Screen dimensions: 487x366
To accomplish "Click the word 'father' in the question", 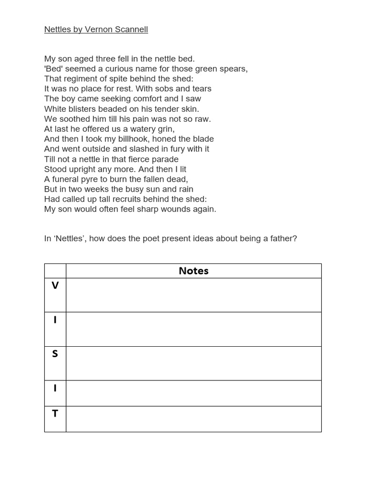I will click(282, 238).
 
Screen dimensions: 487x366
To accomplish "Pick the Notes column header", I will click(193, 271).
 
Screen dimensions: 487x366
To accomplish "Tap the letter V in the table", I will click(55, 285).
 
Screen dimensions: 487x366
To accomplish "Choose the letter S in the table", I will click(55, 354).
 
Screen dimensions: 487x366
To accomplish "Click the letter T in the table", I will click(55, 414).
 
